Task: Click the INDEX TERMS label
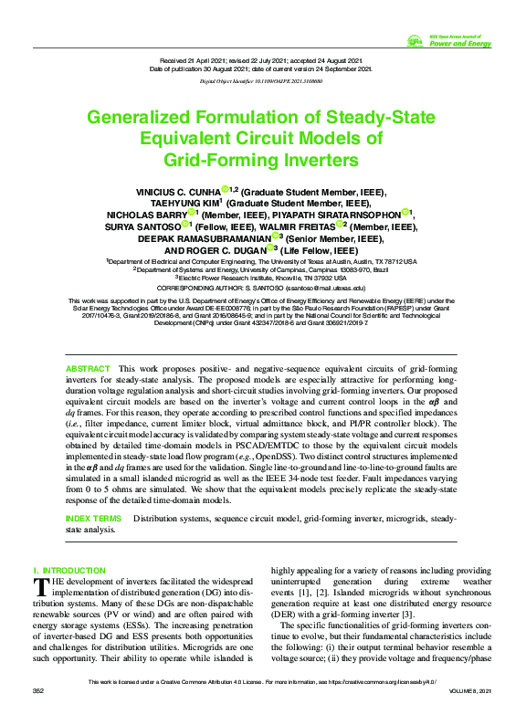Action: (93, 518)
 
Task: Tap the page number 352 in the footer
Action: (37, 691)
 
